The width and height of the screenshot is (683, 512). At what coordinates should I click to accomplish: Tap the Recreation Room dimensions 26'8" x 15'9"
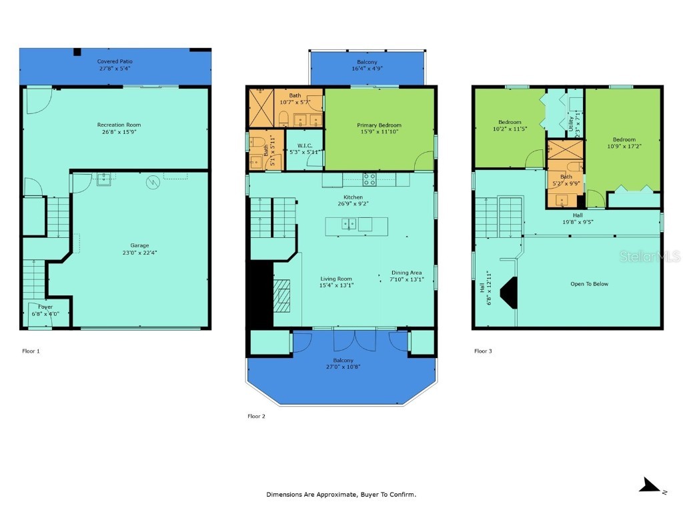tap(119, 132)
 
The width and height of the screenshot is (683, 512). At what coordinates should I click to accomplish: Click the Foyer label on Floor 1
tap(45, 307)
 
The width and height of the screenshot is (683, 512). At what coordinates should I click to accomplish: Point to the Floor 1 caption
tap(31, 351)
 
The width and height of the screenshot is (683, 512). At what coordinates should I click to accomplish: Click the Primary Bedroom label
tap(379, 125)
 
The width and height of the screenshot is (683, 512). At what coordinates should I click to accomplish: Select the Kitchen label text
tap(353, 197)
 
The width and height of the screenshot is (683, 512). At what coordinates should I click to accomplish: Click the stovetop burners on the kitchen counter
tap(369, 179)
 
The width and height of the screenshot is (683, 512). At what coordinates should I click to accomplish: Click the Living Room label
tap(336, 279)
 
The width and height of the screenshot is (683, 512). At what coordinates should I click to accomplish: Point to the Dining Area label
tap(406, 273)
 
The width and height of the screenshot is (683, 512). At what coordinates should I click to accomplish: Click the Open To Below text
tap(589, 284)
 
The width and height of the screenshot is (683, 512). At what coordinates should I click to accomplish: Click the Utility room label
tap(571, 123)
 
